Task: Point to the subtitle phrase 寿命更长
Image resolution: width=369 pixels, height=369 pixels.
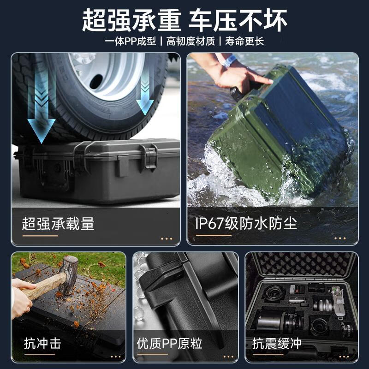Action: [x=244, y=42]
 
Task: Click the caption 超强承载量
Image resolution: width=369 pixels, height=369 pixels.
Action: [x=58, y=224]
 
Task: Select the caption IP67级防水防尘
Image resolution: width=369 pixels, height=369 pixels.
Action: [x=245, y=224]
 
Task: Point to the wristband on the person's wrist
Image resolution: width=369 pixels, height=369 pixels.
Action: [x=229, y=60]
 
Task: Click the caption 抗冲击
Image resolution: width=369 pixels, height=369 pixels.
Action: [x=42, y=343]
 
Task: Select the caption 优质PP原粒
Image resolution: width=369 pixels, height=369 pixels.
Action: [x=169, y=343]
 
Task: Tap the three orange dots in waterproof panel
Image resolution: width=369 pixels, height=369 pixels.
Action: [x=339, y=238]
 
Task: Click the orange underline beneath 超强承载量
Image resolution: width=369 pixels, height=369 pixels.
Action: [x=40, y=236]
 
